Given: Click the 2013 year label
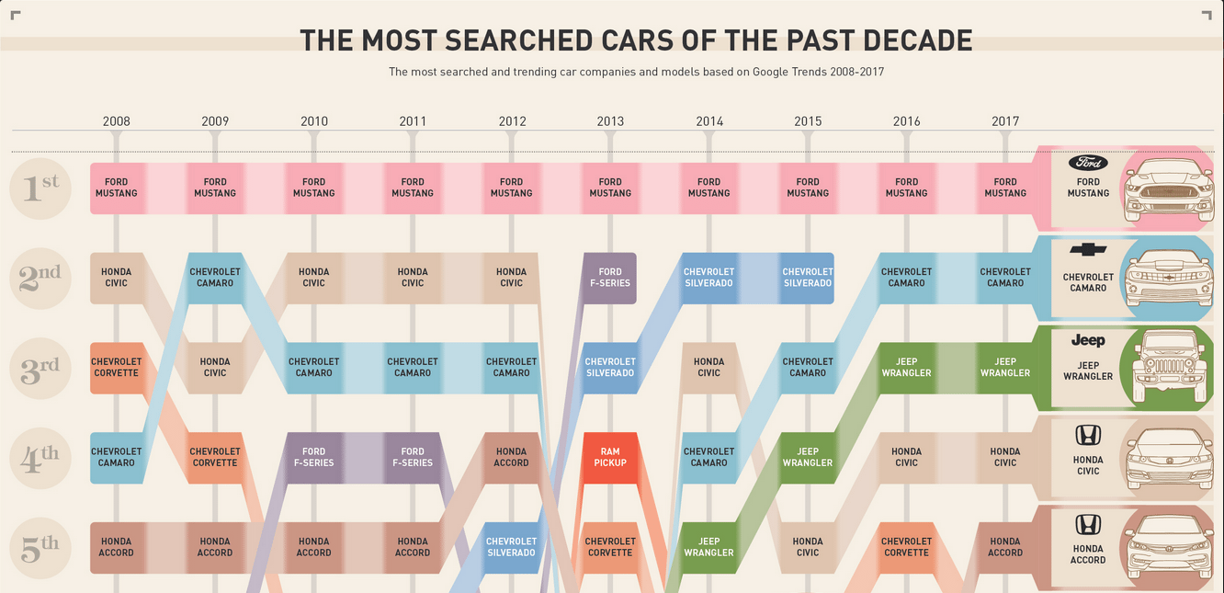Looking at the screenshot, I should [610, 121].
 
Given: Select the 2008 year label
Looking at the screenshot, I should [117, 121].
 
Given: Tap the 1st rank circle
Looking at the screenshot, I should [40, 188].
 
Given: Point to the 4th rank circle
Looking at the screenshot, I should [40, 458].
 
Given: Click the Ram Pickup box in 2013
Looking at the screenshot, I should [610, 458].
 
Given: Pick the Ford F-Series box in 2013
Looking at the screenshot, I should [610, 278].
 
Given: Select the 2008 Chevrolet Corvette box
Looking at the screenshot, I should [117, 368].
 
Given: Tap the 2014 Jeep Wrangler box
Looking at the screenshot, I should [708, 547].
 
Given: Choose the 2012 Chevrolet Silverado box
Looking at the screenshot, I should [511, 547].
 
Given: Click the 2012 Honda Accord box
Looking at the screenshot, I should [511, 458].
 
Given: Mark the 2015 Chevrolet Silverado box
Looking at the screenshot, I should [807, 278].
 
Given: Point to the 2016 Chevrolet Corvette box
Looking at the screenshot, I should [906, 547].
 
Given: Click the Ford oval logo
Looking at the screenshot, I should [1088, 163].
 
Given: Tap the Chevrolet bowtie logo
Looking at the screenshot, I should [1088, 250].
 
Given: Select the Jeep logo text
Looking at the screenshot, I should [1088, 340].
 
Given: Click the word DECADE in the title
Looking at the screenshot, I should [910, 40].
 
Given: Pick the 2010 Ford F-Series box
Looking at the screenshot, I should [313, 458].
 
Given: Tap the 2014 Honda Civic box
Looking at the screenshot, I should [708, 368].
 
